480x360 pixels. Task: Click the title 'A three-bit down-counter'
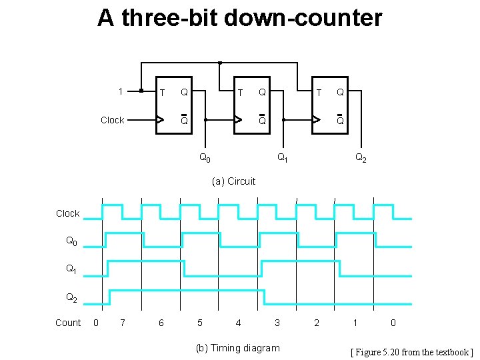(x=239, y=18)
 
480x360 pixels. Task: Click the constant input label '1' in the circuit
(x=120, y=91)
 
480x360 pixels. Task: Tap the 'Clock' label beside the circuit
(x=112, y=120)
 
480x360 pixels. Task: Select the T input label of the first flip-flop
(x=161, y=93)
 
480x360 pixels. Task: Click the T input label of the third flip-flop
(x=319, y=93)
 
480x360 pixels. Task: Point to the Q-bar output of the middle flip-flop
(x=262, y=120)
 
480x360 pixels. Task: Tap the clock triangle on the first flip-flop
(x=160, y=121)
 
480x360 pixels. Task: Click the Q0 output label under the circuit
(x=205, y=159)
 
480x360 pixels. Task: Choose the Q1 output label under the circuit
(x=283, y=159)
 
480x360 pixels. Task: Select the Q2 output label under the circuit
(x=360, y=159)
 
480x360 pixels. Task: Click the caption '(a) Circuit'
(x=233, y=181)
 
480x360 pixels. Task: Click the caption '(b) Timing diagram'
(x=237, y=347)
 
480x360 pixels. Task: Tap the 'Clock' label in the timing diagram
(x=67, y=213)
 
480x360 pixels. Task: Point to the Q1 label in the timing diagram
(x=71, y=269)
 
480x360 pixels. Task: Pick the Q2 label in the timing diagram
(x=71, y=297)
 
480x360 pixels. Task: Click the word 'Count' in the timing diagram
(x=67, y=323)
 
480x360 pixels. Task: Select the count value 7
(x=122, y=323)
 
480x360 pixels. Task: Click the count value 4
(x=239, y=323)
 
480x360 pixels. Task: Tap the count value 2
(x=317, y=323)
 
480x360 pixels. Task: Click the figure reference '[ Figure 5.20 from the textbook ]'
(x=412, y=351)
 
